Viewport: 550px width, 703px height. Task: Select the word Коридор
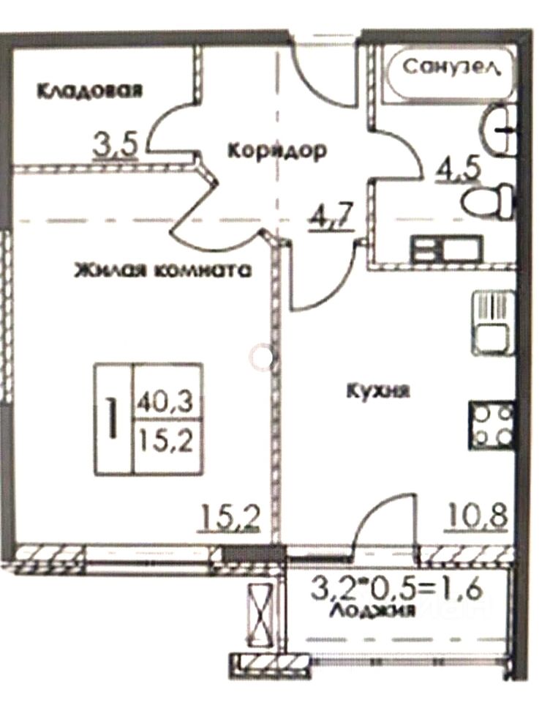(x=276, y=151)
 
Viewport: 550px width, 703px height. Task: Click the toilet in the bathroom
(x=491, y=198)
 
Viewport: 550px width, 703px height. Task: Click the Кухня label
(x=378, y=390)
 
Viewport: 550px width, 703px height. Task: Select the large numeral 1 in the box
(x=113, y=419)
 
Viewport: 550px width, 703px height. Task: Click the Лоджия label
(x=373, y=609)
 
